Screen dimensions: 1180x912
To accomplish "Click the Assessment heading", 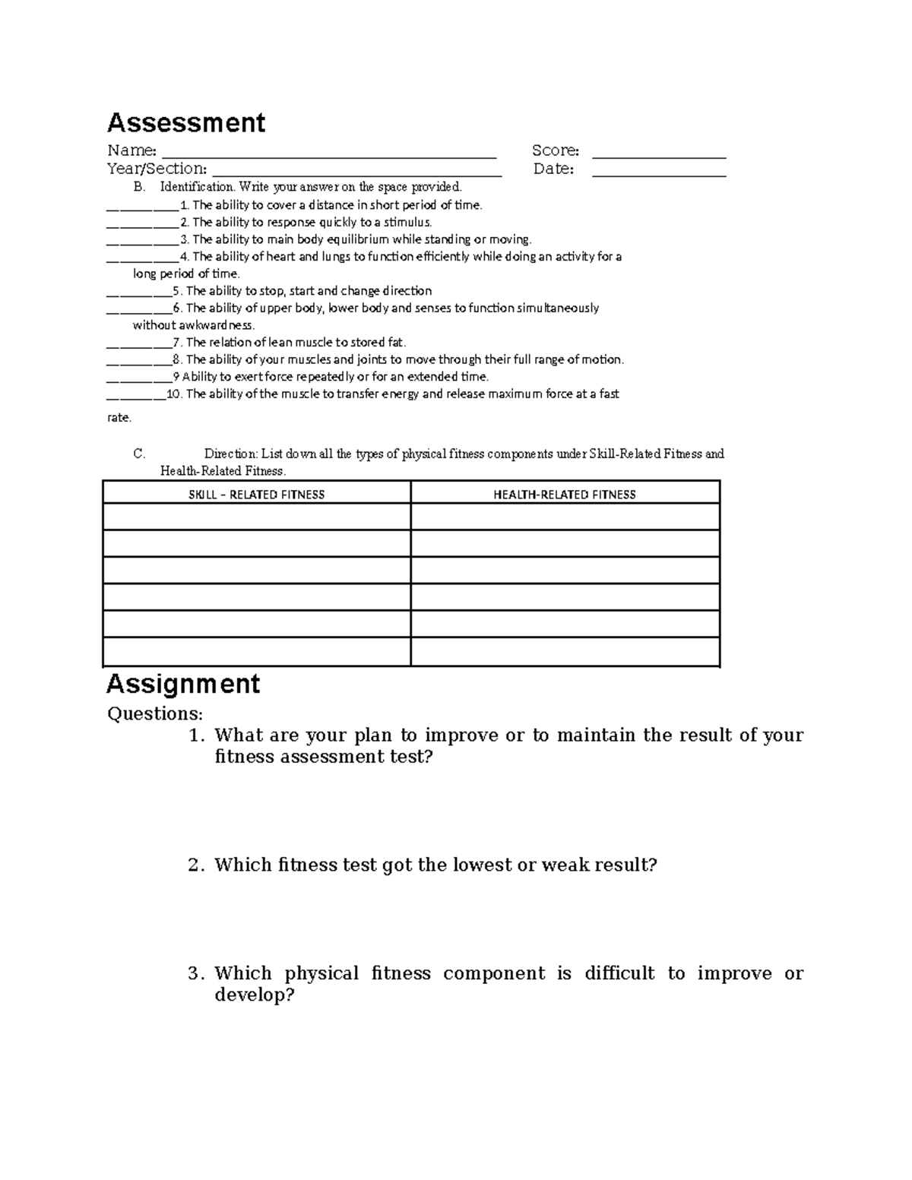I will [x=185, y=123].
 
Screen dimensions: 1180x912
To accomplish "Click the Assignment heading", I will [x=183, y=684].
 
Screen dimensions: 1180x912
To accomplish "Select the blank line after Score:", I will [x=659, y=151].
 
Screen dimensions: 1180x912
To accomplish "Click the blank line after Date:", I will [x=659, y=169].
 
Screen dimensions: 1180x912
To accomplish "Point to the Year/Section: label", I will [x=157, y=169].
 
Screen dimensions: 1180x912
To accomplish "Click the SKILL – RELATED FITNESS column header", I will [x=257, y=495].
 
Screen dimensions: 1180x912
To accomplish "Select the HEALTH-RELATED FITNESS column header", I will [x=565, y=495].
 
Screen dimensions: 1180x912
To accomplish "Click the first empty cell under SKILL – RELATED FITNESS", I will [x=257, y=517].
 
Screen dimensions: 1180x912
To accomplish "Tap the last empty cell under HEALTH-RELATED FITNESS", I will [x=565, y=652].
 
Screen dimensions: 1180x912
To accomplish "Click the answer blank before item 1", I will [x=143, y=205].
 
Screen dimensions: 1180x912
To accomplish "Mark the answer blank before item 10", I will [x=135, y=394].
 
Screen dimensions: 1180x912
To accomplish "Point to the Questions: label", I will [x=155, y=713].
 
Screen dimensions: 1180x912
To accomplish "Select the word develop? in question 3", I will [x=254, y=995].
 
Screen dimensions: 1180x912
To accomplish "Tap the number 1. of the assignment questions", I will [x=196, y=736].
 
